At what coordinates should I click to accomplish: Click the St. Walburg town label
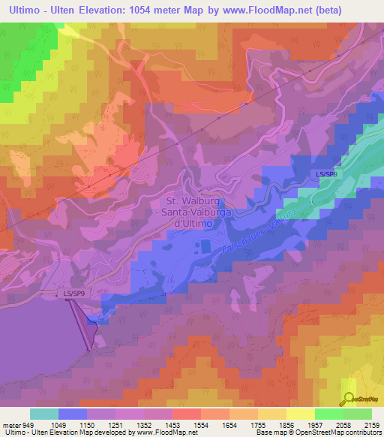[x=184, y=200]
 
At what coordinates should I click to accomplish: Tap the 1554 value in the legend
[x=201, y=425]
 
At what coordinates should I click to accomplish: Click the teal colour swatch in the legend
[x=44, y=414]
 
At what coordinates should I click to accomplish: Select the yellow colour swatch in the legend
[x=300, y=414]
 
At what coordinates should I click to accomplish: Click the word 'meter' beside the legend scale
[x=11, y=425]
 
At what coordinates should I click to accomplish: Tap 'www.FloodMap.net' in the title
[x=255, y=11]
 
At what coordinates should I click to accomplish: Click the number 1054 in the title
[x=133, y=11]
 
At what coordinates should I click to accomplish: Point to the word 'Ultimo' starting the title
[x=20, y=11]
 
